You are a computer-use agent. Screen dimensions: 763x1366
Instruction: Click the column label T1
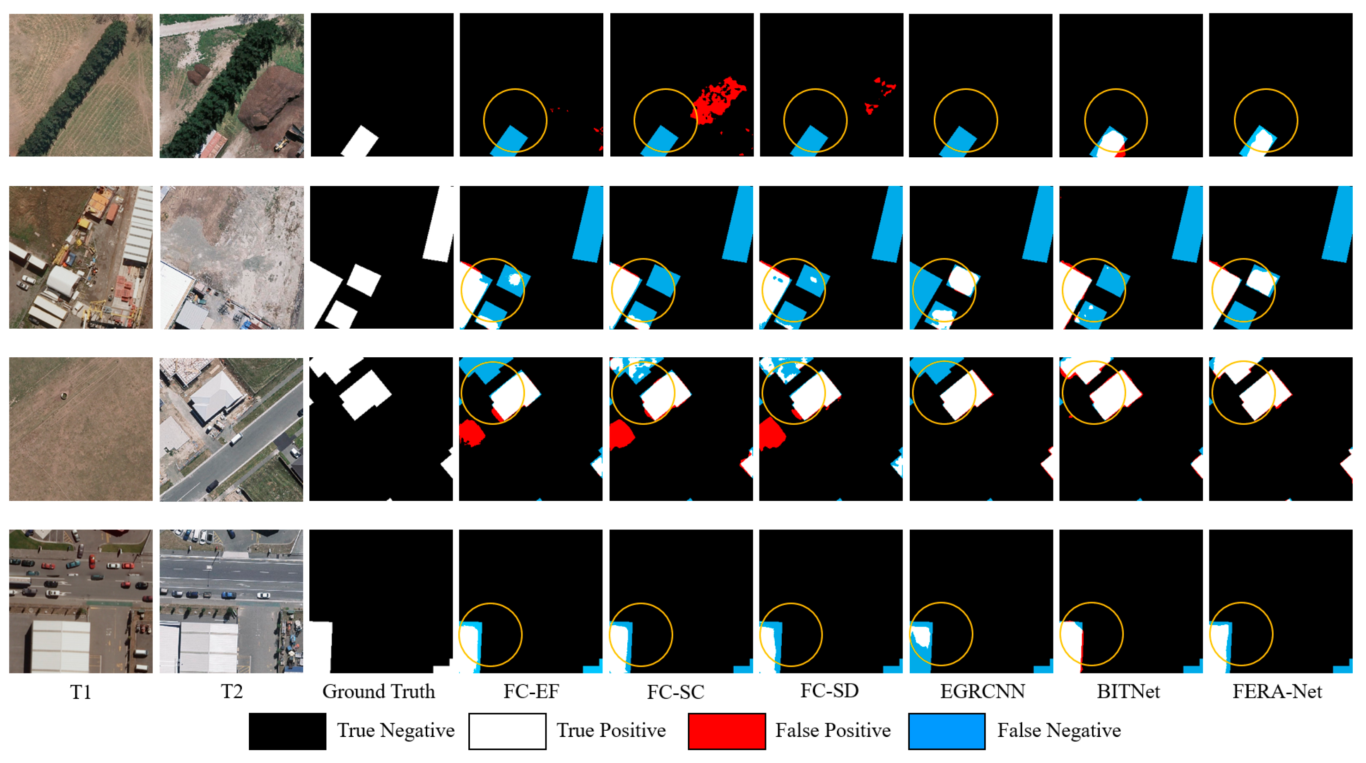click(x=81, y=692)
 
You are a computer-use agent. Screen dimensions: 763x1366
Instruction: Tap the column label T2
click(x=232, y=691)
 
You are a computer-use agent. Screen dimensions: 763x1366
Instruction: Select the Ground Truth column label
click(x=378, y=691)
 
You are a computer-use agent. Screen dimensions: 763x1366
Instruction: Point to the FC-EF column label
click(x=531, y=691)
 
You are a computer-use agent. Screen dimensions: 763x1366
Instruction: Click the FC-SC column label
click(x=675, y=692)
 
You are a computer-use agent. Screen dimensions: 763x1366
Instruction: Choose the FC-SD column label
click(x=829, y=691)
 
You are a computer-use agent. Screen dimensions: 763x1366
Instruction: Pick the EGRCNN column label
click(x=982, y=691)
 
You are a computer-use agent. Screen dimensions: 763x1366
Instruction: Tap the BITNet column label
click(x=1128, y=691)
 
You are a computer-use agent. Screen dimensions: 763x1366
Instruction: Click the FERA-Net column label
click(x=1277, y=691)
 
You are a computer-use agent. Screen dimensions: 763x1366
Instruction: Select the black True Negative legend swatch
click(x=287, y=731)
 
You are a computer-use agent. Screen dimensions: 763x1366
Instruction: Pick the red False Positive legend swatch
click(x=727, y=731)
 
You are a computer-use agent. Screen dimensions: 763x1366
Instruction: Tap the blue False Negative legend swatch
click(x=947, y=731)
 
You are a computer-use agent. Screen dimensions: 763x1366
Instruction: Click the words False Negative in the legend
click(x=1059, y=731)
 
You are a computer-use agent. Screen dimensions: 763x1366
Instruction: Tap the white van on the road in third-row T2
click(x=236, y=438)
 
